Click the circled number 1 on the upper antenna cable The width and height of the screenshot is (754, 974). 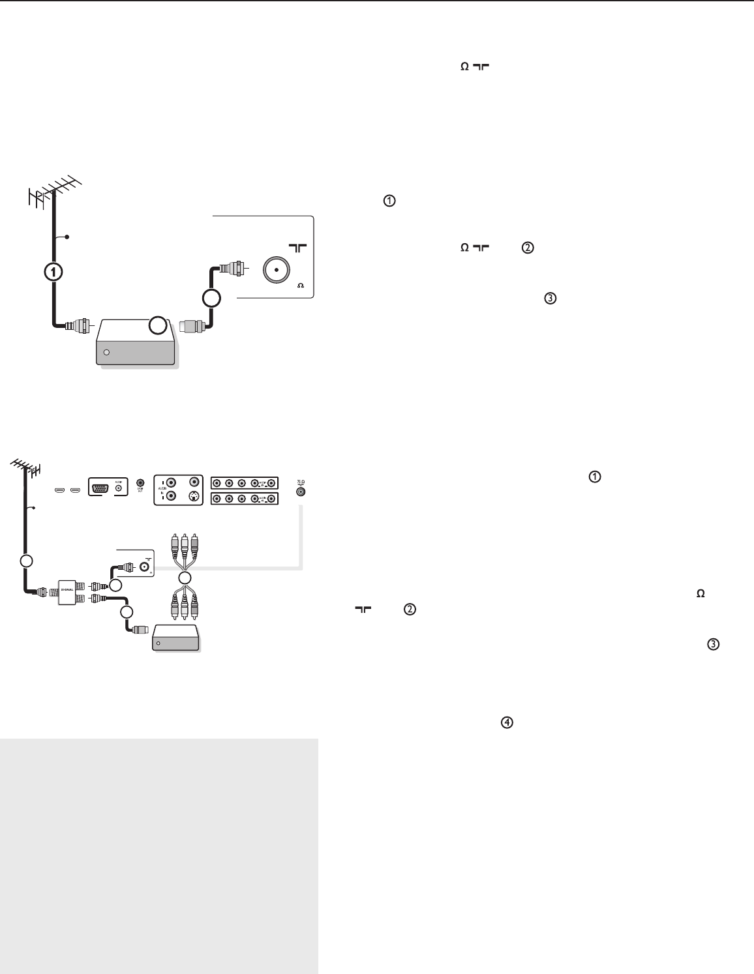click(x=54, y=272)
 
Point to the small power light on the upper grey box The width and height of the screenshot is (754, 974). click(x=107, y=353)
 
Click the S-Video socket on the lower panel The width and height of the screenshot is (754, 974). click(x=193, y=496)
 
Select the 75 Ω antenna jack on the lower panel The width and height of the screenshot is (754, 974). click(x=300, y=492)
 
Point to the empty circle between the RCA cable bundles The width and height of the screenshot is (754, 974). click(x=185, y=578)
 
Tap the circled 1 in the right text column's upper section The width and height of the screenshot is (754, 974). click(x=389, y=201)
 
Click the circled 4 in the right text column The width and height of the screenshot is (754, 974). click(x=506, y=722)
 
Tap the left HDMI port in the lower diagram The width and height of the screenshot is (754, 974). click(x=59, y=490)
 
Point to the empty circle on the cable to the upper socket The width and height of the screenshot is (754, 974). click(x=211, y=299)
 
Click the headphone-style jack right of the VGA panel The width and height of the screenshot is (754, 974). click(x=140, y=483)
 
